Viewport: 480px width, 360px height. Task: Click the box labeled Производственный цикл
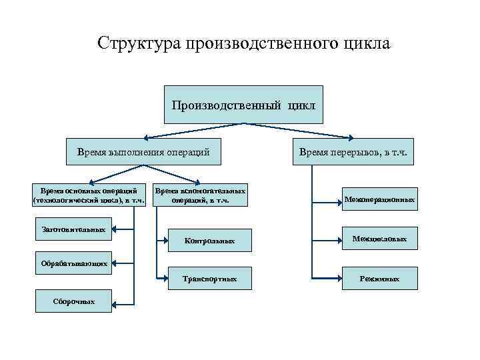point(243,105)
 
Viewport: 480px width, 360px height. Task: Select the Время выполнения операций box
point(143,152)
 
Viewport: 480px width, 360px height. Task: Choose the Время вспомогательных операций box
point(201,195)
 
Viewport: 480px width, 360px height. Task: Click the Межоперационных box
point(379,199)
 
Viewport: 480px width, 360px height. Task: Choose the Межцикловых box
point(379,238)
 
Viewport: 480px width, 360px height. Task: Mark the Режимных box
point(379,278)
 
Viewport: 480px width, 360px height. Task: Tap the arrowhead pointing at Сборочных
point(115,303)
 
